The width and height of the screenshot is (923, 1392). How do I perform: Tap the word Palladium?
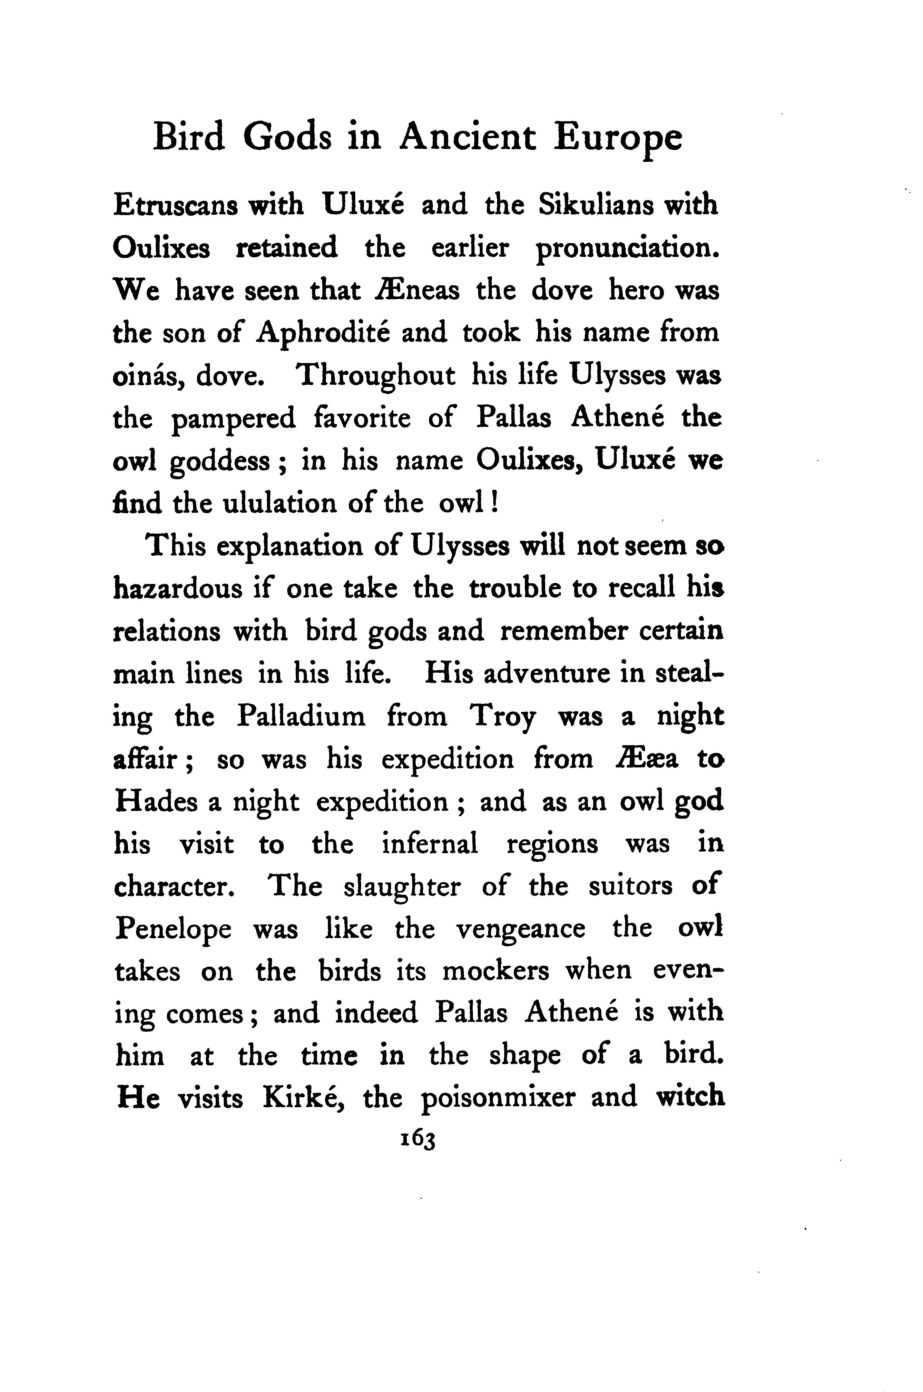coord(301,717)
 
